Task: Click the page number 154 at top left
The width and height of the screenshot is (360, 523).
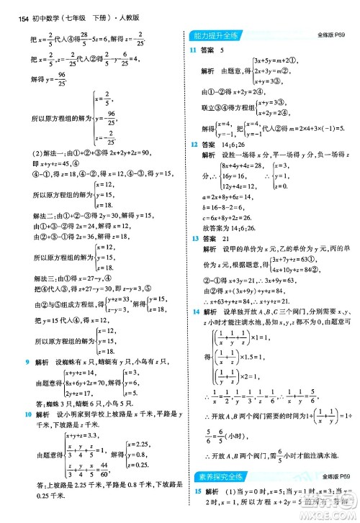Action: tap(10, 8)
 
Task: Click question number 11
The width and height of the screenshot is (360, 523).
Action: tap(192, 49)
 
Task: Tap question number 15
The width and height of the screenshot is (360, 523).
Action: tap(192, 490)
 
